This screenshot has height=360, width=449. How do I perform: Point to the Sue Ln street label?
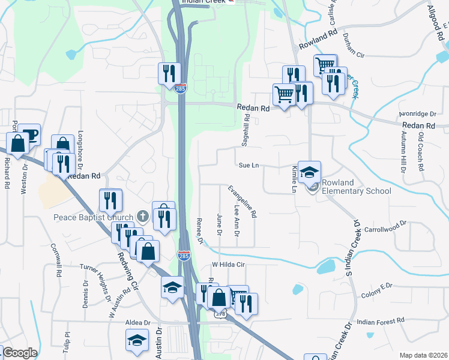(249, 165)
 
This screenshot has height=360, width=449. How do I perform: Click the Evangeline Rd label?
(243, 201)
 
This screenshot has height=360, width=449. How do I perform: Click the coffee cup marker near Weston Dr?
(29, 133)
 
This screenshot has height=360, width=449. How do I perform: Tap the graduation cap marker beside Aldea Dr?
(137, 340)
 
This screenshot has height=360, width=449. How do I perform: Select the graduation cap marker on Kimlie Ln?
(309, 171)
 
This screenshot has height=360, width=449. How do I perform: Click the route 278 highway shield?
(220, 314)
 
